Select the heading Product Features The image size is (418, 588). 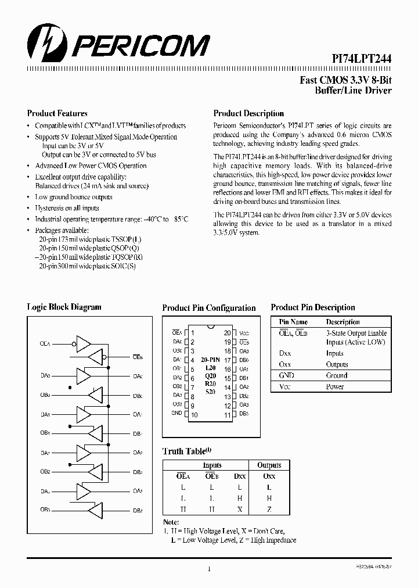click(57, 113)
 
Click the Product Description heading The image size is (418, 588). click(248, 113)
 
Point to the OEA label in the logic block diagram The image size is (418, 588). click(45, 344)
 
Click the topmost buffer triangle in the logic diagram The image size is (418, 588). click(85, 344)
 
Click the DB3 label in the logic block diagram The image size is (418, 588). click(138, 510)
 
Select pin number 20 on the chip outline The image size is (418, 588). click(227, 333)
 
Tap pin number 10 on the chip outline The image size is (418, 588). click(194, 415)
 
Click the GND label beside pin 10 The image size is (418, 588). click(176, 414)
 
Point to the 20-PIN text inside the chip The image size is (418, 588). click(210, 360)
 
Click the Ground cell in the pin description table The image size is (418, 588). click(337, 375)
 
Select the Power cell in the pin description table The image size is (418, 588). click(335, 386)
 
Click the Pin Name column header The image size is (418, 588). click(293, 322)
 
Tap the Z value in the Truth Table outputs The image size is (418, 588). click(269, 509)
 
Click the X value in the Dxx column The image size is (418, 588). click(239, 509)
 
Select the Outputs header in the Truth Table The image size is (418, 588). click(269, 465)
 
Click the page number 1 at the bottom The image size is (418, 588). click(209, 569)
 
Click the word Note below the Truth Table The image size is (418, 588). click(171, 522)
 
